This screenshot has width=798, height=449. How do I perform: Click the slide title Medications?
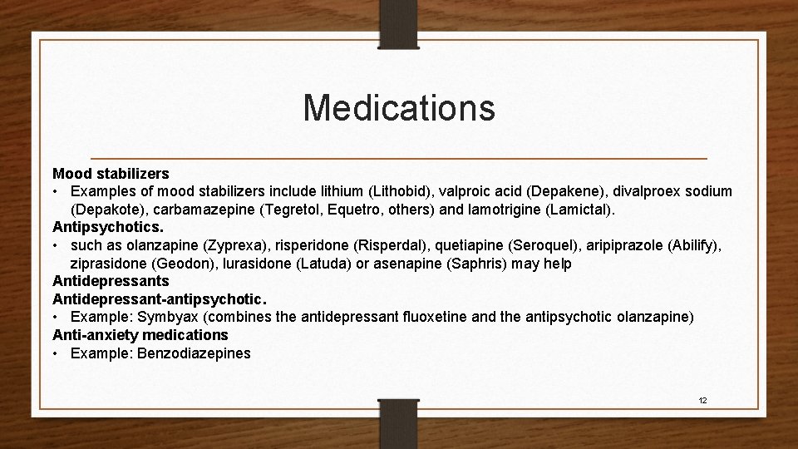pyautogui.click(x=399, y=107)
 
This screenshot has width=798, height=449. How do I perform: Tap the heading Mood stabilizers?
pyautogui.click(x=111, y=174)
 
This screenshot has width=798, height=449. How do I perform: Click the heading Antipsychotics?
pyautogui.click(x=109, y=227)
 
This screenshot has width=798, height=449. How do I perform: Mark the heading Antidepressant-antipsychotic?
pyautogui.click(x=159, y=299)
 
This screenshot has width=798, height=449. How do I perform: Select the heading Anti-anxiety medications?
pyautogui.click(x=140, y=335)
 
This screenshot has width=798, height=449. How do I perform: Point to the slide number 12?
pyautogui.click(x=702, y=400)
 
